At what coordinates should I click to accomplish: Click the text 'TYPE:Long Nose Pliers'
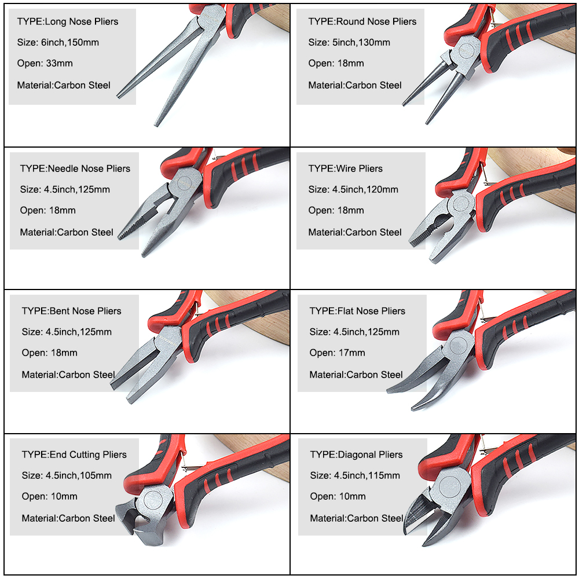point(68,22)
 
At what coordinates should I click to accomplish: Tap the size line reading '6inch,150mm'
point(70,42)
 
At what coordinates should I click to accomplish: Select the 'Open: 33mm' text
point(45,63)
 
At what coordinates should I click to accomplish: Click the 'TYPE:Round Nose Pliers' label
point(362,22)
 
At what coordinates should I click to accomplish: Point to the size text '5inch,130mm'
point(361,42)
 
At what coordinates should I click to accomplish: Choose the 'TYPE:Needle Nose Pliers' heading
point(75,168)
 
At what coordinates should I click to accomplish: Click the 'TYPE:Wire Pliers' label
point(345,168)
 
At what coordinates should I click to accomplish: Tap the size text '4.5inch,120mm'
point(365,189)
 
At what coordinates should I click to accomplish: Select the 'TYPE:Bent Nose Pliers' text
point(71,311)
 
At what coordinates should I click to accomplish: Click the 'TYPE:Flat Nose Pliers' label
point(357,311)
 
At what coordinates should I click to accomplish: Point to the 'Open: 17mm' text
point(337,353)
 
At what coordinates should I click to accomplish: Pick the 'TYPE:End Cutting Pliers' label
point(74,455)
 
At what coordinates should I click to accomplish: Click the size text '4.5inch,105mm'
point(79,475)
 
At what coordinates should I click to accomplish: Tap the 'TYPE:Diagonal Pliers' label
point(356,455)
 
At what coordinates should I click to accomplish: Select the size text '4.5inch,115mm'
point(367,475)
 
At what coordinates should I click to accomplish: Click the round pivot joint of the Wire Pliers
point(461,204)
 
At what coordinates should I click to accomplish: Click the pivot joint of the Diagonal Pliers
point(450,488)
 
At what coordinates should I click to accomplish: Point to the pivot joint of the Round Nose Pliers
point(467,52)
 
